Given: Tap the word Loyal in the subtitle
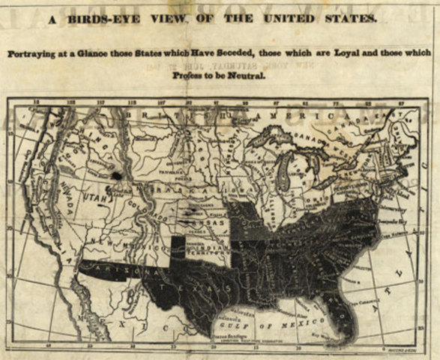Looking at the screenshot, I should (x=337, y=55).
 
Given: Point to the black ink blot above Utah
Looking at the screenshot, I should (x=117, y=175).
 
